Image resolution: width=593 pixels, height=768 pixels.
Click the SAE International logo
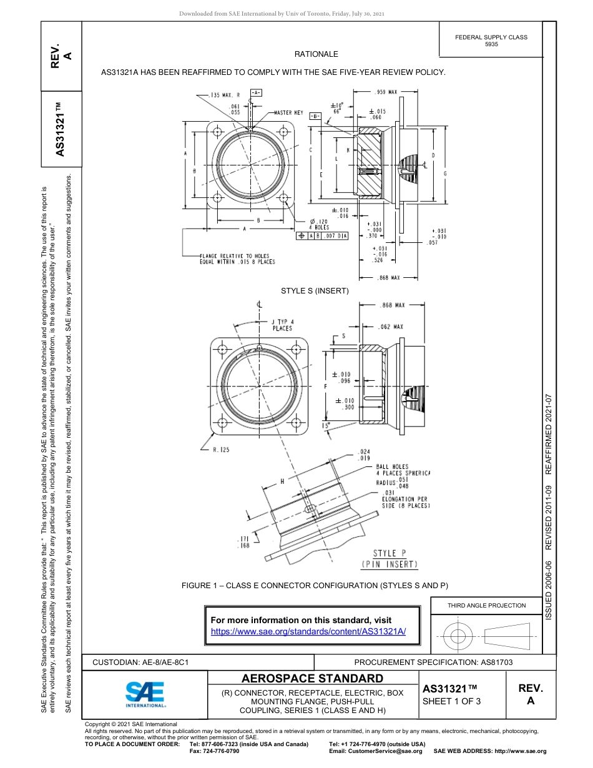point(145,694)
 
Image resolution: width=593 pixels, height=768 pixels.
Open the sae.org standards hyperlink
point(308,631)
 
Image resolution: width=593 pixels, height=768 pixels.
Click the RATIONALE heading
point(316,55)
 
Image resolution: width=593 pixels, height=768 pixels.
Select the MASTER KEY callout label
point(288,113)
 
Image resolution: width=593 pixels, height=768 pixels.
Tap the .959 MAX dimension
point(386,92)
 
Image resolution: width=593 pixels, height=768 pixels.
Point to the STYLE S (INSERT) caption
point(315,291)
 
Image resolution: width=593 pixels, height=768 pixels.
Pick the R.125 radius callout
point(221,450)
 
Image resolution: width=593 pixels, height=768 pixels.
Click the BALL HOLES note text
point(392,467)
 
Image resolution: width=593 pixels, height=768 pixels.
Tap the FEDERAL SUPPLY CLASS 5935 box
point(491,41)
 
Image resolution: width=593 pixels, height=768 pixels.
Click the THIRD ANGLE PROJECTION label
point(486,605)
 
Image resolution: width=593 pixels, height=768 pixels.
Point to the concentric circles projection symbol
point(458,636)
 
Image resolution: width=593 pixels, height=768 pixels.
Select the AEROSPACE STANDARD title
point(312,679)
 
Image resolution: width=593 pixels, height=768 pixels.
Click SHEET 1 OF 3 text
point(452,701)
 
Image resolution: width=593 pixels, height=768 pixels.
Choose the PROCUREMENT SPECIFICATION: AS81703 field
point(433,662)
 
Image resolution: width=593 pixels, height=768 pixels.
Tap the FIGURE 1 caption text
point(315,586)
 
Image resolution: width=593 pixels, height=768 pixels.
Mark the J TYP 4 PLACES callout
point(282,325)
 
